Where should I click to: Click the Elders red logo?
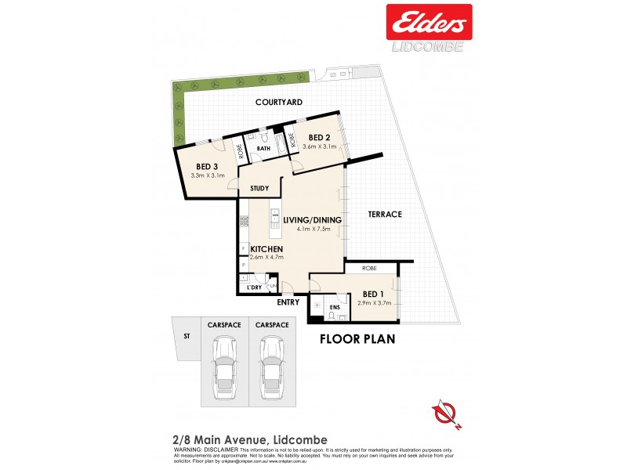click(x=428, y=21)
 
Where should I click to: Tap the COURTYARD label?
click(x=277, y=103)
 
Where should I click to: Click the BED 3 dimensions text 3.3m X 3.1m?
click(x=208, y=175)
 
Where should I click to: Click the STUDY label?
click(x=260, y=189)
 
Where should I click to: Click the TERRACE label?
click(x=384, y=214)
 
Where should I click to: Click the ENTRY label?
click(x=288, y=302)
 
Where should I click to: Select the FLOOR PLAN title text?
click(x=357, y=340)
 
